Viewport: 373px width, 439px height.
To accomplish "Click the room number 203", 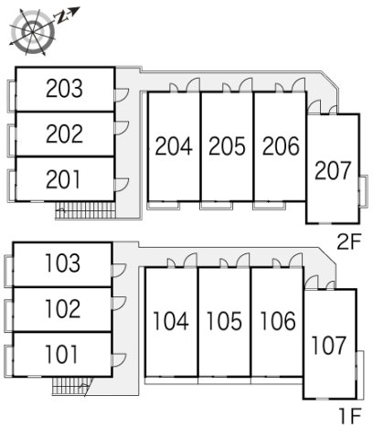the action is pyautogui.click(x=64, y=89).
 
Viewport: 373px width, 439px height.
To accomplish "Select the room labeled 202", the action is pyautogui.click(x=64, y=134).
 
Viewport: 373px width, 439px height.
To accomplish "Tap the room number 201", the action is pyautogui.click(x=63, y=179).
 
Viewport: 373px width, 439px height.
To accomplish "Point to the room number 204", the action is pyautogui.click(x=174, y=146).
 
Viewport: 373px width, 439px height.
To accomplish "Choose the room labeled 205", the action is pyautogui.click(x=227, y=146).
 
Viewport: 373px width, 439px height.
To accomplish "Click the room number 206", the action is pyautogui.click(x=281, y=146).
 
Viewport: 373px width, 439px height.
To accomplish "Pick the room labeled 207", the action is pyautogui.click(x=333, y=170).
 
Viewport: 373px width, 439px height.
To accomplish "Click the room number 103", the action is pyautogui.click(x=63, y=263).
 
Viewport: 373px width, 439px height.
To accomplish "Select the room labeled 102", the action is pyautogui.click(x=63, y=308).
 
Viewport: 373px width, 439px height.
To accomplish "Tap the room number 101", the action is pyautogui.click(x=61, y=354).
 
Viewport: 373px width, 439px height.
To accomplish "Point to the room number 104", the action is pyautogui.click(x=171, y=321).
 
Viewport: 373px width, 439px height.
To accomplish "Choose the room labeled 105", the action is pyautogui.click(x=224, y=321).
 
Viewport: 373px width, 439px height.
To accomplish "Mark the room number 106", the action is pyautogui.click(x=278, y=321).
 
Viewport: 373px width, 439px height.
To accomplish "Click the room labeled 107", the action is pyautogui.click(x=329, y=346).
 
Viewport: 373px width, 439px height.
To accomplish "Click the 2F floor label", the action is pyautogui.click(x=348, y=241).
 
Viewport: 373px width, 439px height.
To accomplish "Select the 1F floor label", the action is pyautogui.click(x=350, y=416).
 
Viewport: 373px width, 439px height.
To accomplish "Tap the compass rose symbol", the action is pyautogui.click(x=33, y=31).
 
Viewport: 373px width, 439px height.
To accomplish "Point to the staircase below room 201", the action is pyautogui.click(x=85, y=209).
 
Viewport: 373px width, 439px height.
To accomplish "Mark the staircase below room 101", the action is pyautogui.click(x=72, y=386).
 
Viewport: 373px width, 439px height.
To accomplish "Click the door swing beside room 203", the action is pyautogui.click(x=122, y=94).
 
